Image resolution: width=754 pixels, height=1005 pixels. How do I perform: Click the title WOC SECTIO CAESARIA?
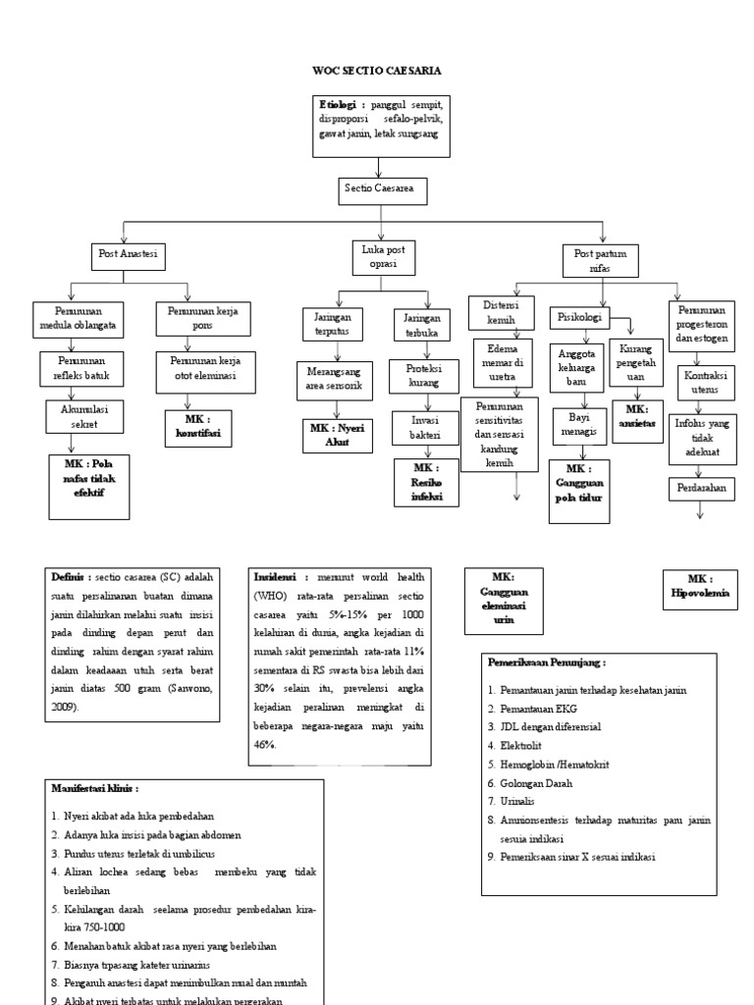click(376, 71)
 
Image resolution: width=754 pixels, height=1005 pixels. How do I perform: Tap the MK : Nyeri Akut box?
click(337, 435)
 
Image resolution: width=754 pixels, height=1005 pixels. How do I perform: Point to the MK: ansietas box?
click(637, 417)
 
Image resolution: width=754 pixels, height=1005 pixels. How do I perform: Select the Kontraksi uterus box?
click(703, 383)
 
